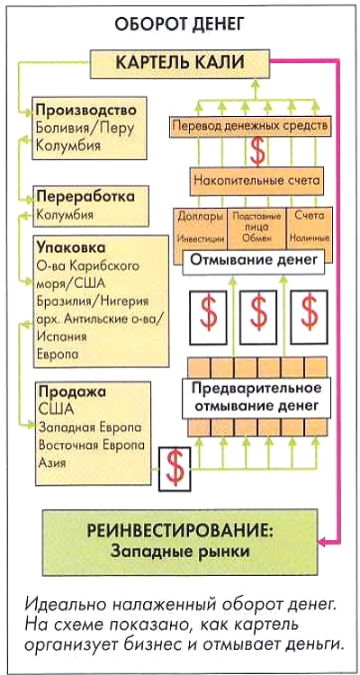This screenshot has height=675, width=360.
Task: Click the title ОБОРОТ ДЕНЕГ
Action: tap(180, 25)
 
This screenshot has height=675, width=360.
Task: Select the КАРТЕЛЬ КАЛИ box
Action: tap(180, 63)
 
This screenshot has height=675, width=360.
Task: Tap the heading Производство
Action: tap(86, 111)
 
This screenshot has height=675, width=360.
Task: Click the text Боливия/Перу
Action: tap(85, 129)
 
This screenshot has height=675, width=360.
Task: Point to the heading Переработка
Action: tap(85, 197)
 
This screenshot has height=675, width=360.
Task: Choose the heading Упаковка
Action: tap(71, 248)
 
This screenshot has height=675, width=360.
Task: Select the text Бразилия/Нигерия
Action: tap(93, 301)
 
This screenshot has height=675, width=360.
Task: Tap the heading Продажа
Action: tap(72, 391)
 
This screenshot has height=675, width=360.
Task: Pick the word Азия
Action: tap(52, 463)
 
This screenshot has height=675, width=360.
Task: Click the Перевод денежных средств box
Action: tap(250, 127)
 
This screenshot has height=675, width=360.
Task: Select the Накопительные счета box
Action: tap(257, 181)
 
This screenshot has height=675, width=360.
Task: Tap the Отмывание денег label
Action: tap(254, 260)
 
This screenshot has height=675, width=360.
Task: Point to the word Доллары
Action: tap(200, 216)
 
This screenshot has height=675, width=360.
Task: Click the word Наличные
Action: tap(310, 238)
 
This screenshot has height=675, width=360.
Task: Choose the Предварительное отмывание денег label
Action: tap(256, 396)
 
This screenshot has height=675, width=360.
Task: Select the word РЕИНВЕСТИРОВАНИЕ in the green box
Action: tap(180, 530)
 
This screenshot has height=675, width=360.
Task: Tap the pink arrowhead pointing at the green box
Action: tap(322, 540)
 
